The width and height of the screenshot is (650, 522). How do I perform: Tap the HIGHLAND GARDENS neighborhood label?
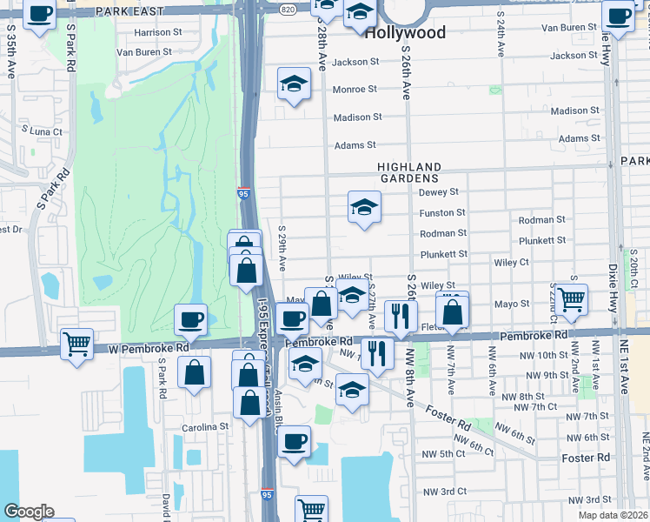pyautogui.click(x=409, y=172)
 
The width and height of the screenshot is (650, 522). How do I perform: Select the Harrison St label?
pyautogui.click(x=158, y=33)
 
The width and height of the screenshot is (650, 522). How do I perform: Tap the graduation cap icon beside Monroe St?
pyautogui.click(x=295, y=84)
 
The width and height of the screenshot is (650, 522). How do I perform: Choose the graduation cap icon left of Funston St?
pyautogui.click(x=364, y=207)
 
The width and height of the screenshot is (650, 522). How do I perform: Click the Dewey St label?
pyautogui.click(x=438, y=192)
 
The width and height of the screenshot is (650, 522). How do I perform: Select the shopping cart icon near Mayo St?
pyautogui.click(x=571, y=298)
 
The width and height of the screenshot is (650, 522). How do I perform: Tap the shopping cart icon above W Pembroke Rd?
pyautogui.click(x=76, y=343)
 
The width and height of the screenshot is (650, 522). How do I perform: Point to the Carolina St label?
pyautogui.click(x=205, y=427)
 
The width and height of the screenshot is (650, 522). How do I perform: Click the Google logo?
pyautogui.click(x=29, y=512)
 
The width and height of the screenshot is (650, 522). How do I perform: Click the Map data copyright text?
pyautogui.click(x=612, y=515)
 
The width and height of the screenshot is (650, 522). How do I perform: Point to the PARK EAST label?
pyautogui.click(x=129, y=10)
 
